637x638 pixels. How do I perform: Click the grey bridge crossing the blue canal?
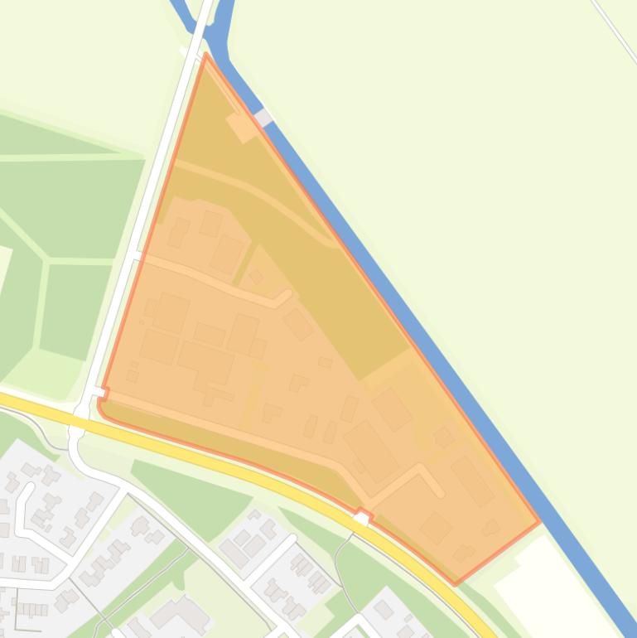263,118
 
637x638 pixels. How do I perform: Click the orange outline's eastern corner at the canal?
539,522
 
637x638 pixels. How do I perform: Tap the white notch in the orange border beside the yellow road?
362,518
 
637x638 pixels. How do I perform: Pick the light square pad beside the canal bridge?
242,127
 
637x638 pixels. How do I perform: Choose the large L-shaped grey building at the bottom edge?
182,614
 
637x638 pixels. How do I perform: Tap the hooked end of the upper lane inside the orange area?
284,296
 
